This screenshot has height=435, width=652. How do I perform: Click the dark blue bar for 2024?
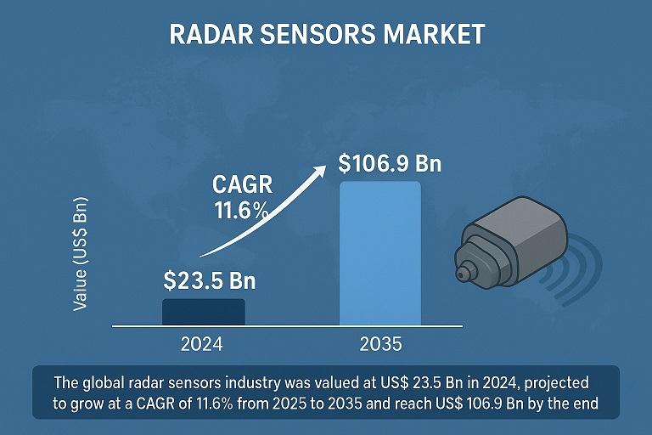tap(203, 312)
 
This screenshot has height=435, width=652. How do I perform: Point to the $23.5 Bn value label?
tap(209, 281)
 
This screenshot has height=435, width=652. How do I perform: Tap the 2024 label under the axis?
tap(202, 345)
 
